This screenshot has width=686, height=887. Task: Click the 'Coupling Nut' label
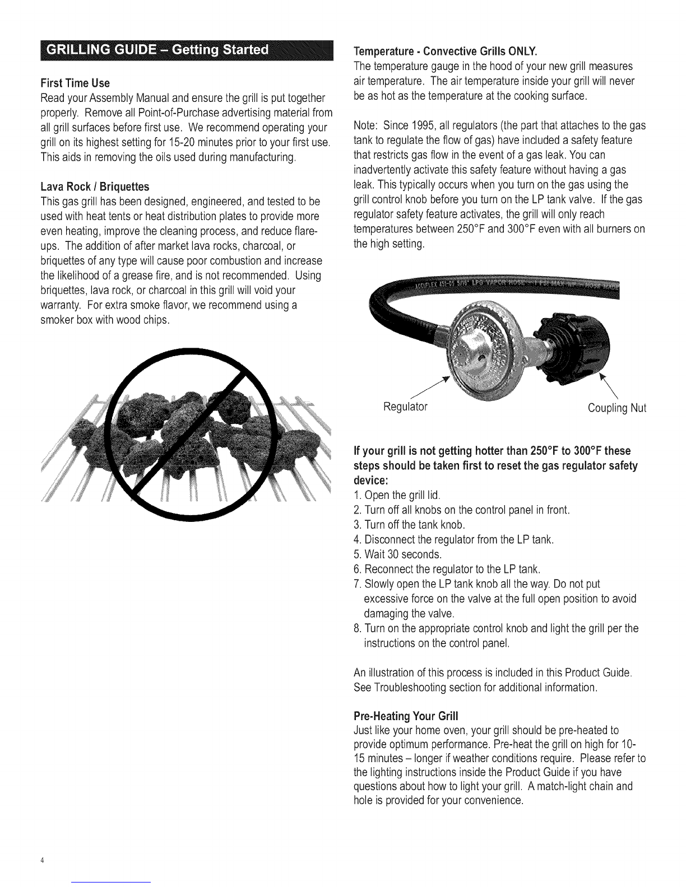617,408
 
